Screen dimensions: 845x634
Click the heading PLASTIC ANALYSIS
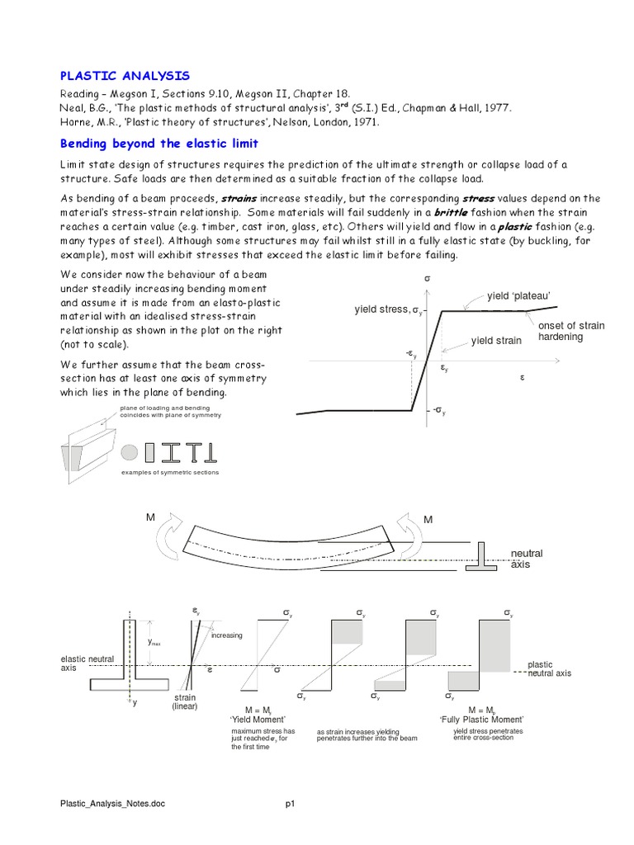click(x=125, y=75)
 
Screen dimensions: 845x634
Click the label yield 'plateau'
click(x=518, y=295)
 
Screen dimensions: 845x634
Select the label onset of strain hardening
click(x=571, y=331)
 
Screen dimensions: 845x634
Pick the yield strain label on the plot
click(x=496, y=341)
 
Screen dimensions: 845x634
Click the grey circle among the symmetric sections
click(x=129, y=452)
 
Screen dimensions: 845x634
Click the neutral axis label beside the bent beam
click(x=527, y=559)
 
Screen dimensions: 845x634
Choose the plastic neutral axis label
click(x=549, y=668)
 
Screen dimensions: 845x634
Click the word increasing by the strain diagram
click(x=227, y=635)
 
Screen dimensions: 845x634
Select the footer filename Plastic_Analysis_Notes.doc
click(x=113, y=803)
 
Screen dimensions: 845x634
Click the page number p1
click(x=291, y=803)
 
